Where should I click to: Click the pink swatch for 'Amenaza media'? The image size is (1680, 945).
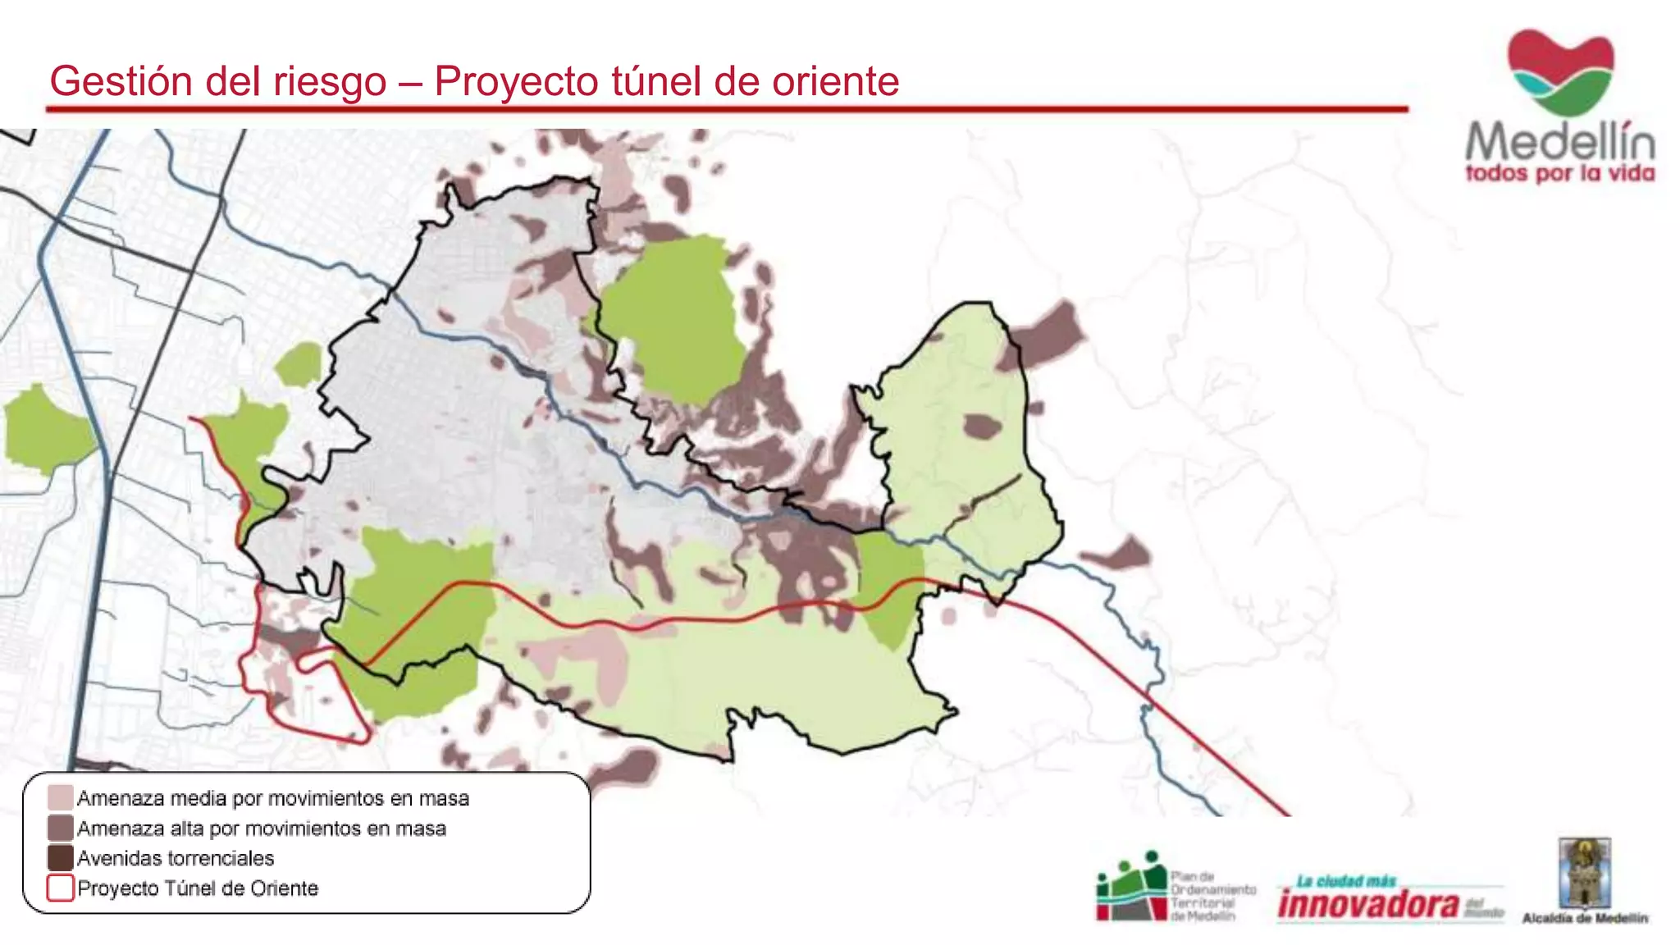[x=60, y=797]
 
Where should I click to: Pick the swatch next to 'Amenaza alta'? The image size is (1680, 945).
[x=60, y=828]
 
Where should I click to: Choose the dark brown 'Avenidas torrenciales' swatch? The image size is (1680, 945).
[x=60, y=858]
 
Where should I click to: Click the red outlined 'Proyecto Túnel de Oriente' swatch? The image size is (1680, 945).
[x=60, y=888]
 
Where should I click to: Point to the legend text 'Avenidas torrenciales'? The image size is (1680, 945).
[x=176, y=858]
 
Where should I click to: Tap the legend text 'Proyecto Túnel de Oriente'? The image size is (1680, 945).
[x=198, y=888]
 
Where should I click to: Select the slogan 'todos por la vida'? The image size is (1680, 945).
[x=1560, y=174]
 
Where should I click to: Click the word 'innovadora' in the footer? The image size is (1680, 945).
[x=1368, y=905]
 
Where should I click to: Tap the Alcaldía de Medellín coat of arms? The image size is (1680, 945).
[x=1584, y=873]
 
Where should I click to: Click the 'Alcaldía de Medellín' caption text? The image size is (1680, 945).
[x=1585, y=919]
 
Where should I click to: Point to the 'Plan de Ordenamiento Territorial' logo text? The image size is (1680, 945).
[x=1212, y=896]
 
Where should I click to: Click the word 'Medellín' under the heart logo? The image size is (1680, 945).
[x=1560, y=142]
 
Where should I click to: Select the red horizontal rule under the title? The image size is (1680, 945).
[x=727, y=108]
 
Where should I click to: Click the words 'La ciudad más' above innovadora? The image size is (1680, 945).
[x=1346, y=882]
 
